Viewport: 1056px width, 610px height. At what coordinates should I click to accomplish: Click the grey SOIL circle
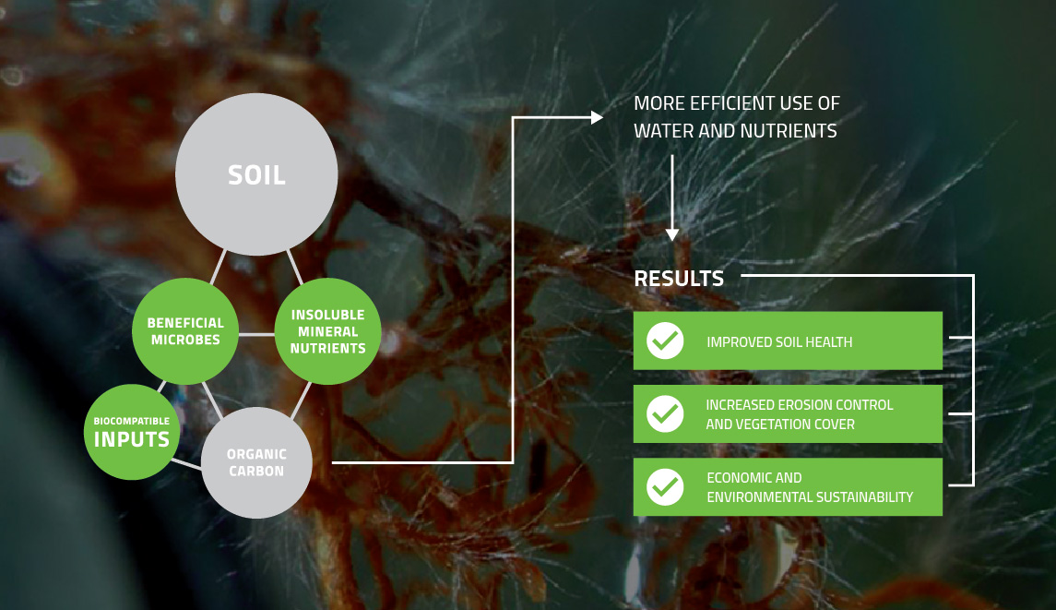click(x=256, y=173)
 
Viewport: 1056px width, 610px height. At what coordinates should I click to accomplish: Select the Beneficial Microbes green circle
click(x=185, y=331)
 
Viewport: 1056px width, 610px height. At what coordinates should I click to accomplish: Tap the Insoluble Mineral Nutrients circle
click(x=328, y=331)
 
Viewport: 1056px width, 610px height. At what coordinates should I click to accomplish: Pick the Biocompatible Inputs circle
click(x=132, y=432)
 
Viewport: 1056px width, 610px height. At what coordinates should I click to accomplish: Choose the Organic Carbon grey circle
click(x=256, y=462)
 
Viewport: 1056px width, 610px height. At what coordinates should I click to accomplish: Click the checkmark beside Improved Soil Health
click(x=665, y=341)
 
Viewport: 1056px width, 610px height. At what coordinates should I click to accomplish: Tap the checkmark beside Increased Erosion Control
click(x=665, y=413)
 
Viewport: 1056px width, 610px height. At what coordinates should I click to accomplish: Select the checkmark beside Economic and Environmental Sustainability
click(x=665, y=486)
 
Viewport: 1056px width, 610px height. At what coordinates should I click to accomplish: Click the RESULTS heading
click(x=679, y=279)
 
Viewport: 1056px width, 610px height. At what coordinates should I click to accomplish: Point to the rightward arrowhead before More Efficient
click(x=597, y=117)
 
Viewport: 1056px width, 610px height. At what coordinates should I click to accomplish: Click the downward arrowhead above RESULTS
click(x=671, y=234)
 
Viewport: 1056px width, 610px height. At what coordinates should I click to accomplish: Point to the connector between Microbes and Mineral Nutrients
click(x=256, y=334)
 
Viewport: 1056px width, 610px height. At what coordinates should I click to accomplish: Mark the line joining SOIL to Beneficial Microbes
click(x=218, y=267)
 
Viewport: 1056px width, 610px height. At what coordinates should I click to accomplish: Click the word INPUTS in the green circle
click(x=131, y=439)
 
